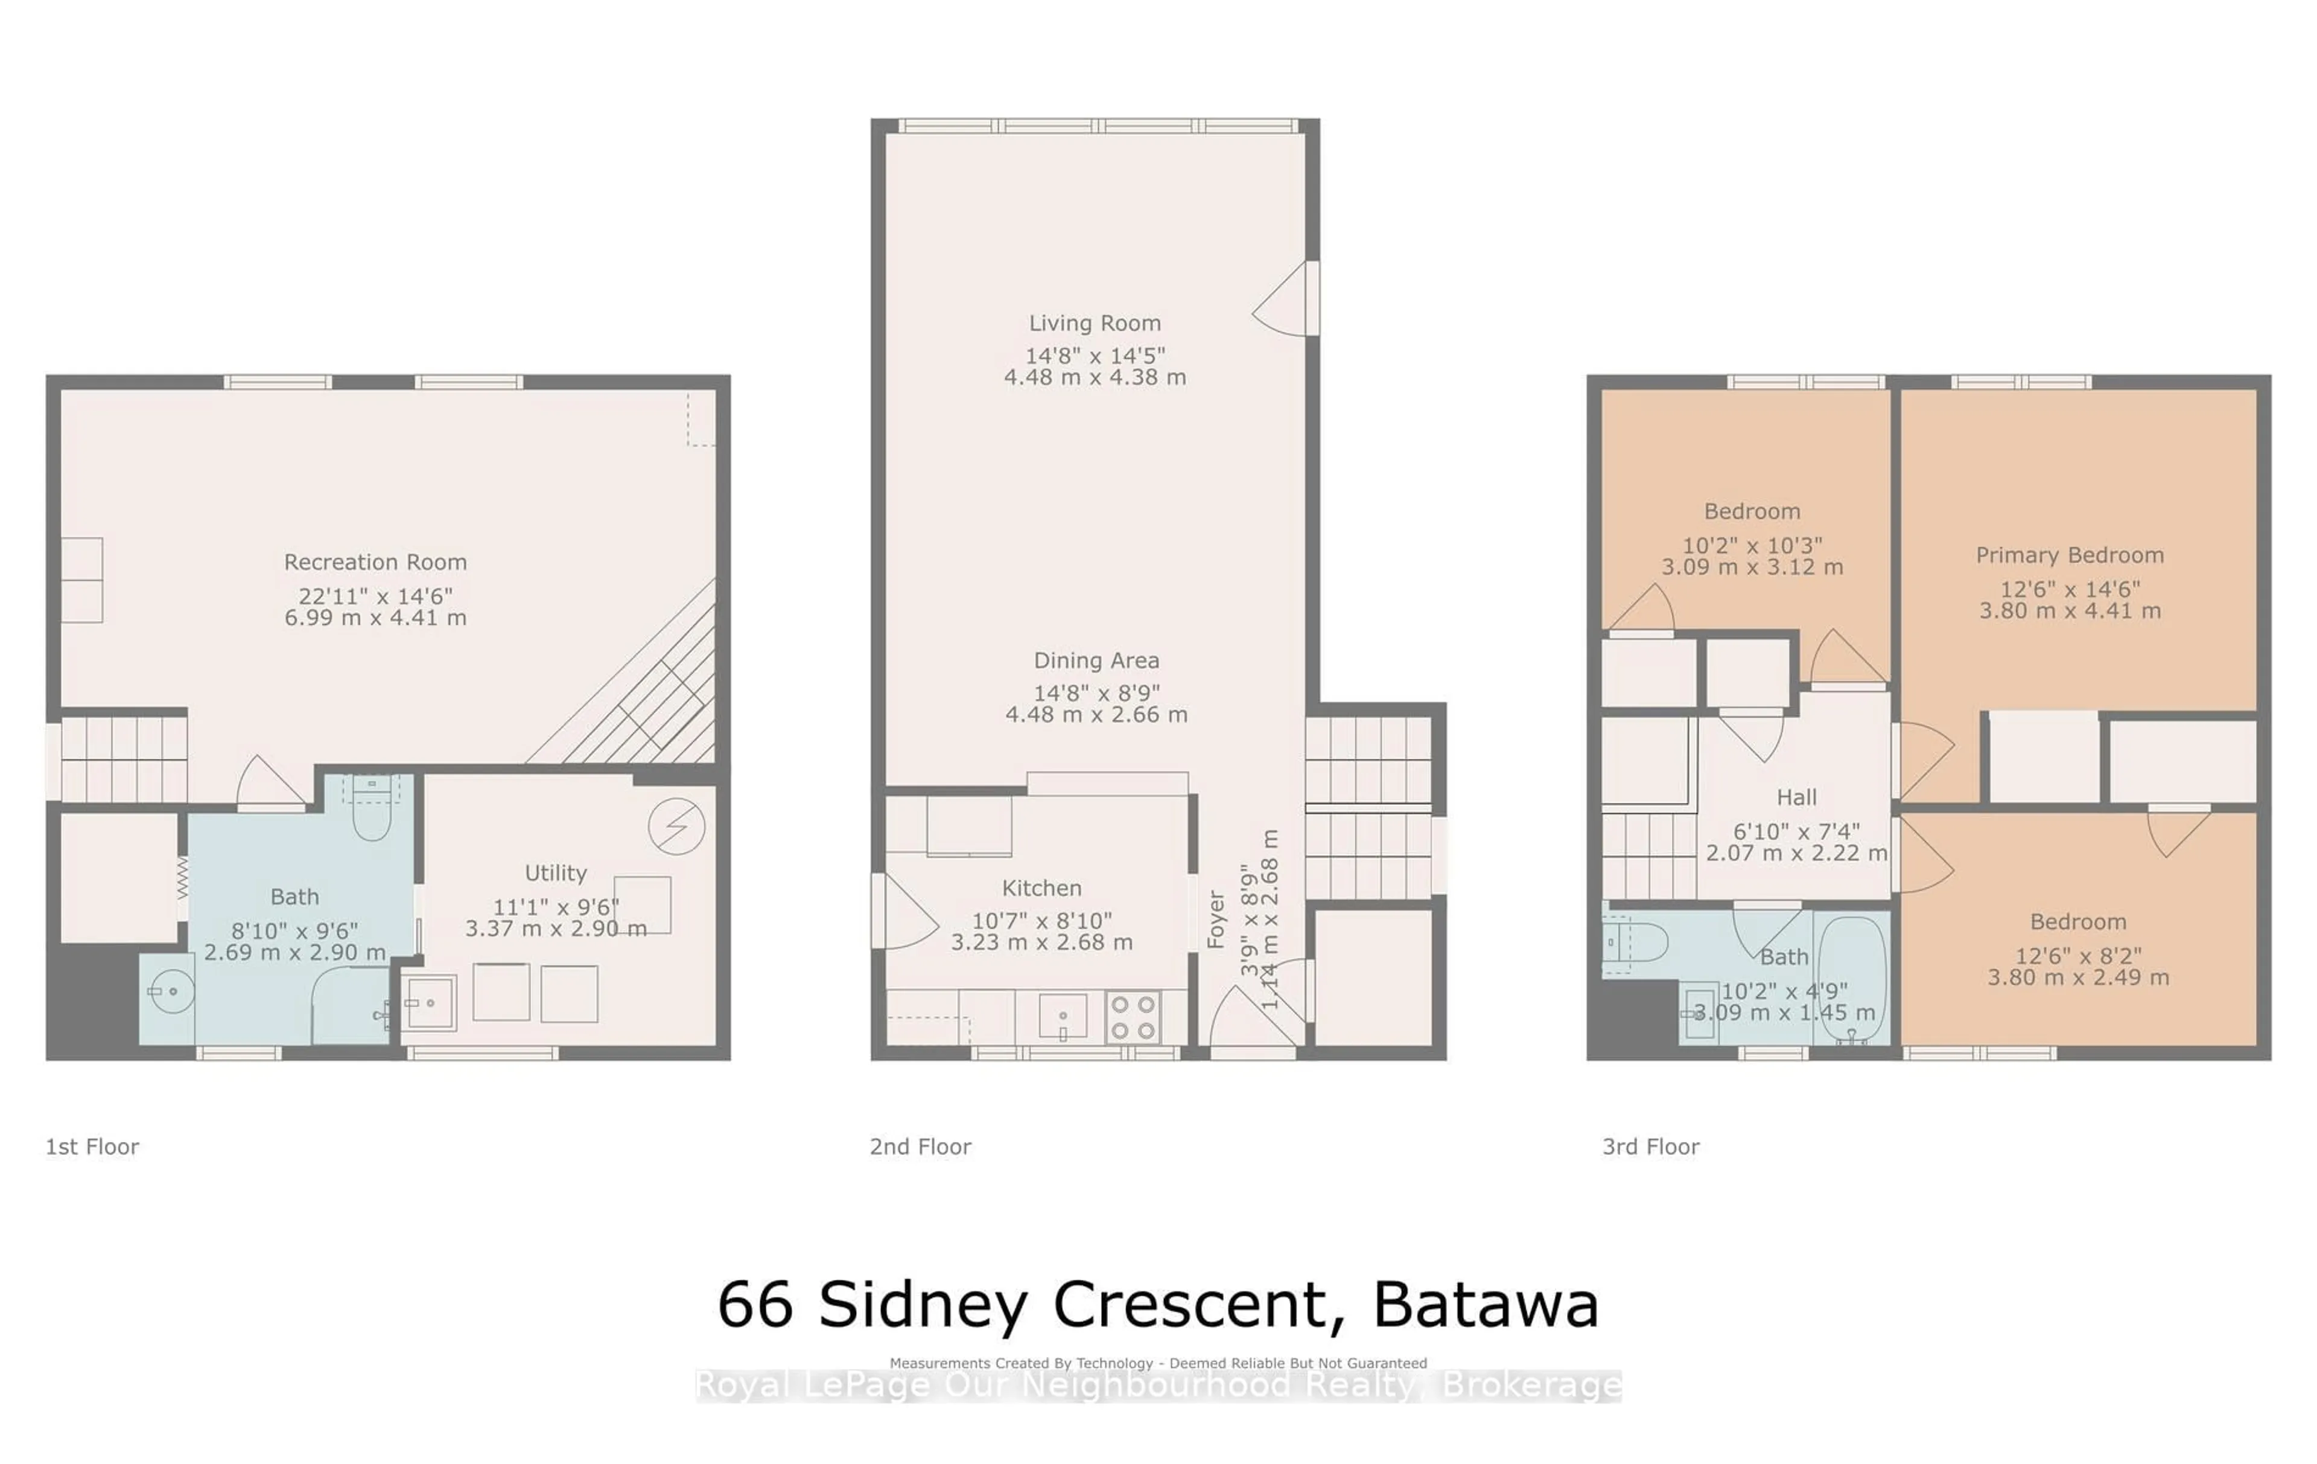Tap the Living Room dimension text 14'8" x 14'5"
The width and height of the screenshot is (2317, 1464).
[1095, 355]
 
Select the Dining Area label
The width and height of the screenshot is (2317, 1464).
[1096, 660]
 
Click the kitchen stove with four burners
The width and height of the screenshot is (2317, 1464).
[1133, 1017]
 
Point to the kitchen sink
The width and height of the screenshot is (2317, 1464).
[1063, 1017]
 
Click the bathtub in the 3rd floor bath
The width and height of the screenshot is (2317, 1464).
[1851, 979]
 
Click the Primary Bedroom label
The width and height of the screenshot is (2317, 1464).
[2069, 555]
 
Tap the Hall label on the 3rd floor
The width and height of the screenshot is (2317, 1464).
[1796, 797]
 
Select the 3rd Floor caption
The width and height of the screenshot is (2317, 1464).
[1650, 1146]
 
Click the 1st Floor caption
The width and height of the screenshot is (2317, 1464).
[92, 1146]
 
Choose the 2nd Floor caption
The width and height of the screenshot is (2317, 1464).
[920, 1146]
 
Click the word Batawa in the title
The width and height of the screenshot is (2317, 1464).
[1485, 1305]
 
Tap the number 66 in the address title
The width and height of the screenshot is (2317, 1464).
[755, 1305]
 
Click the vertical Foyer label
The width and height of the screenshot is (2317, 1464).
[1216, 920]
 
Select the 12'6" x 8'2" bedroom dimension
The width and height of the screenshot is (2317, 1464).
[2077, 956]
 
